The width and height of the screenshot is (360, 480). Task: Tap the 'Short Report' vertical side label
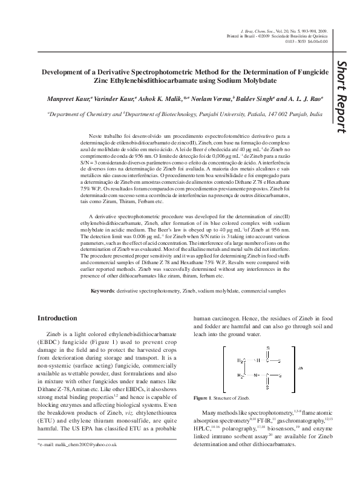tap(342, 97)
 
